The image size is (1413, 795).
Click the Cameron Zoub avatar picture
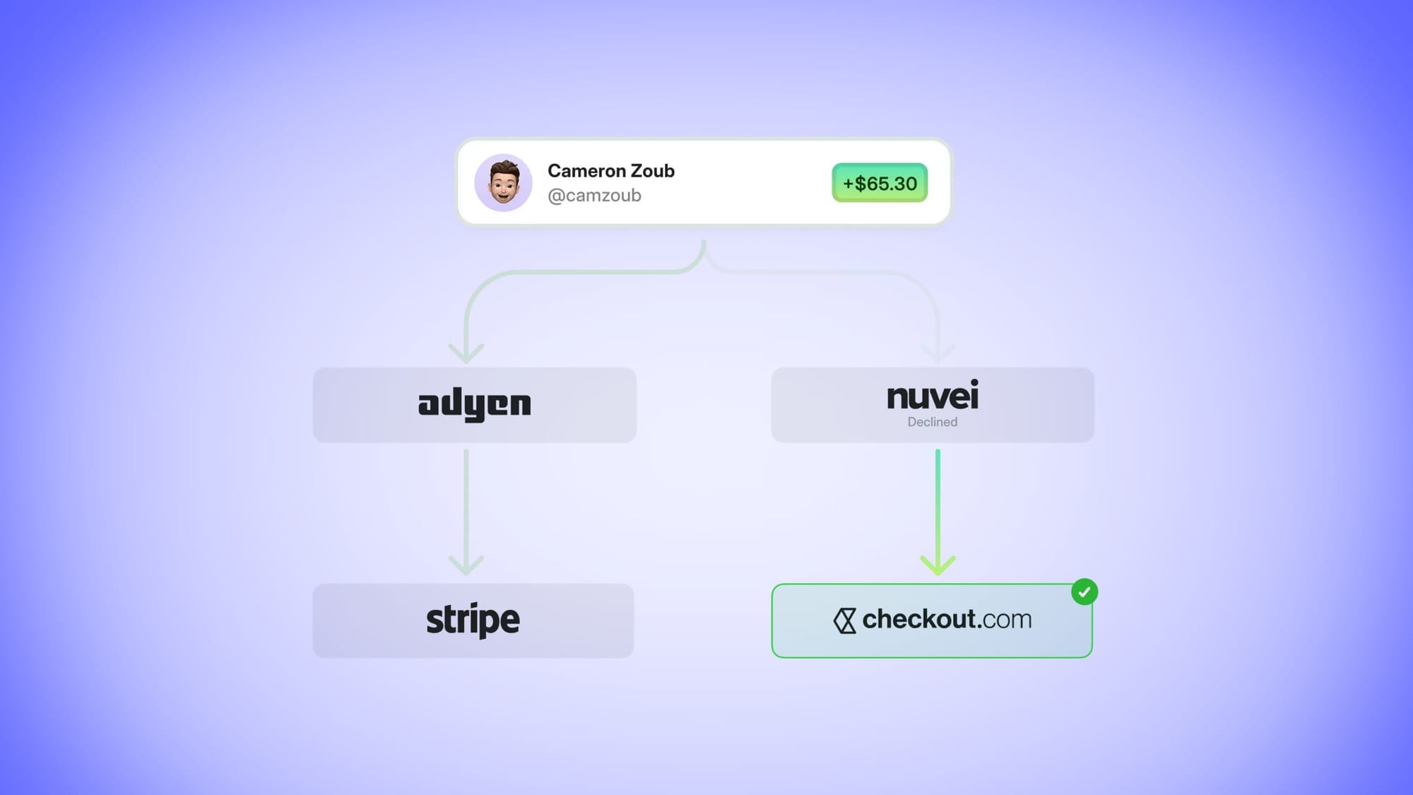[503, 182]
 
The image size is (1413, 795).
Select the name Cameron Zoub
[610, 171]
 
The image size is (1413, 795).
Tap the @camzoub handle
[594, 196]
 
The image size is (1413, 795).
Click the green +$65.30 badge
[880, 183]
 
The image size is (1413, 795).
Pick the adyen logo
[474, 404]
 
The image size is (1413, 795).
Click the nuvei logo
[933, 396]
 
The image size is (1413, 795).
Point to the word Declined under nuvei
[933, 422]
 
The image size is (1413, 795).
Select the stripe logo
[473, 620]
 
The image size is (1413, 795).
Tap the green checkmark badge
[1084, 592]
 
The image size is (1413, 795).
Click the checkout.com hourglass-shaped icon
[844, 620]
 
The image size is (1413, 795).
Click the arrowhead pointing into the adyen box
[466, 353]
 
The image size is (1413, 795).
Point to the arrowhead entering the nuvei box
[938, 353]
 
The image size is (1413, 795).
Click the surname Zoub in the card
[652, 171]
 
